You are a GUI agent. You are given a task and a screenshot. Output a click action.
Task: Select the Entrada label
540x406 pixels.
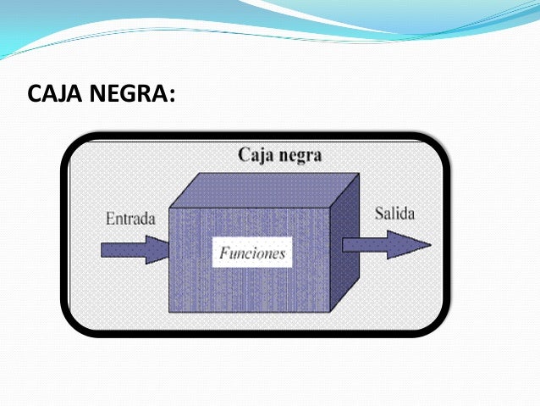click(x=130, y=218)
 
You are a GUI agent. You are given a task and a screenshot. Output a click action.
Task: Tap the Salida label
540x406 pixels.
click(x=394, y=213)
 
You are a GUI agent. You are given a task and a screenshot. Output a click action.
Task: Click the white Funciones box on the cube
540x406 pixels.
click(x=251, y=253)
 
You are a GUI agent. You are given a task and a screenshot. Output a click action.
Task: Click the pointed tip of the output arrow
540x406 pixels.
click(x=429, y=244)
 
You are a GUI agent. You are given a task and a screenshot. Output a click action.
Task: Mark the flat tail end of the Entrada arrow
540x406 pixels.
click(x=102, y=249)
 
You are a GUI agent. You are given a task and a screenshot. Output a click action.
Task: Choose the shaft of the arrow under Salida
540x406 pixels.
click(x=364, y=244)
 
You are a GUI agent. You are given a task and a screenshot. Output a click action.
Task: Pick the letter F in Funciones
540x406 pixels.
click(x=223, y=253)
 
